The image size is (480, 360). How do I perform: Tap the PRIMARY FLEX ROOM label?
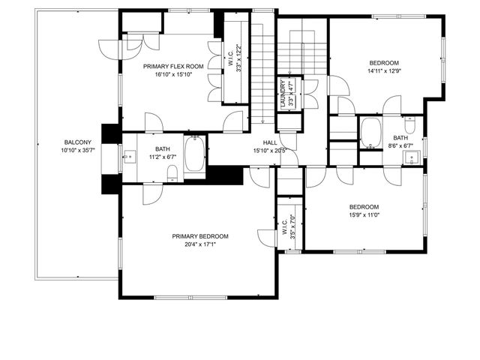[173, 66]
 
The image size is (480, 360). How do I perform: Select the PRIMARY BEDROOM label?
[199, 236]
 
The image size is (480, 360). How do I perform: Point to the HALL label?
[270, 142]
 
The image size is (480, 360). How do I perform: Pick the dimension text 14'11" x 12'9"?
[383, 72]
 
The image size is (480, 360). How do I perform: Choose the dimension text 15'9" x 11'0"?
[364, 216]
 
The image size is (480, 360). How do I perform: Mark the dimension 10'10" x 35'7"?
[78, 151]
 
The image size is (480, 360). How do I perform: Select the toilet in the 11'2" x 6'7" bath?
[172, 174]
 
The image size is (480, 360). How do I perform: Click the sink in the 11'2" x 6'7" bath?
[128, 157]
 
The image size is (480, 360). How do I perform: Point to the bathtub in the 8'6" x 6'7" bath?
[370, 133]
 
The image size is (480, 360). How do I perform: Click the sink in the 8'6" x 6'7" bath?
[412, 157]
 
